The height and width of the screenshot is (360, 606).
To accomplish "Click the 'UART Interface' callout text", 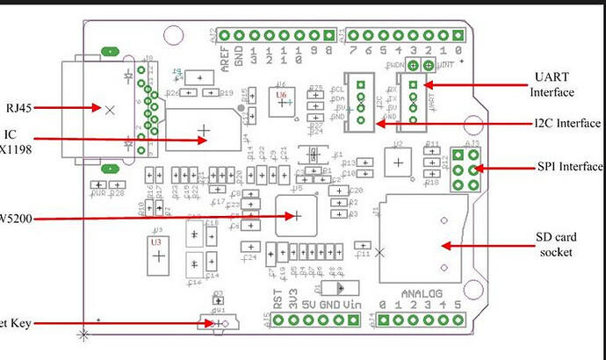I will point(552,84).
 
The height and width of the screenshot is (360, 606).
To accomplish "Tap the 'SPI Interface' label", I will point(570,166).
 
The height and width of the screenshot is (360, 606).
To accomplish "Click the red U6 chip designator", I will point(281,93).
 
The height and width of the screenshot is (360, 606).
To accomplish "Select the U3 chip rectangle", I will point(157,249).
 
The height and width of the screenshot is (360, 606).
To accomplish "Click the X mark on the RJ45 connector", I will point(109,111).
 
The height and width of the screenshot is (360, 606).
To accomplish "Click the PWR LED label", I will point(98,192).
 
